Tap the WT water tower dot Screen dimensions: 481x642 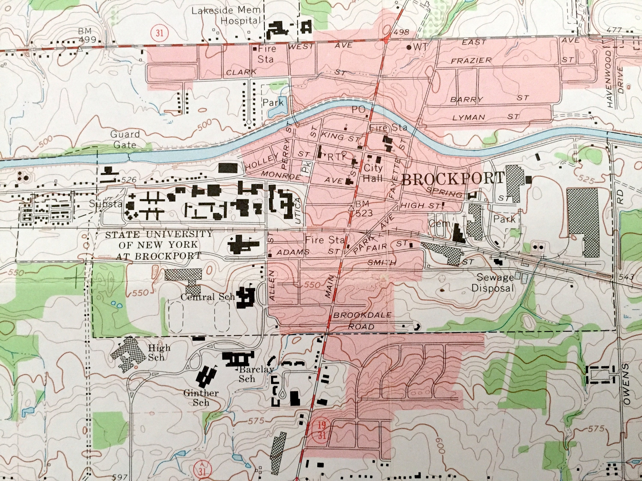(409, 47)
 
